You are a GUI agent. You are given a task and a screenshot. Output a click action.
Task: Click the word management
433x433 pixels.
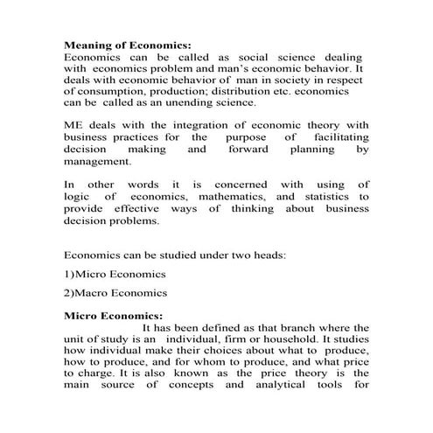click(97, 162)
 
